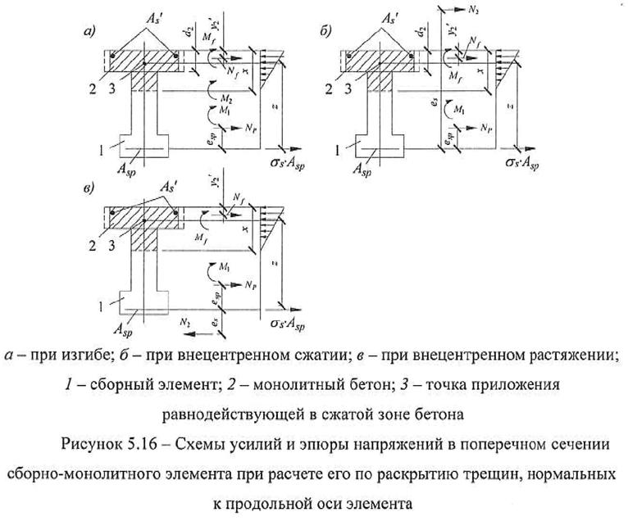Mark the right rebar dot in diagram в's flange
175,215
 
